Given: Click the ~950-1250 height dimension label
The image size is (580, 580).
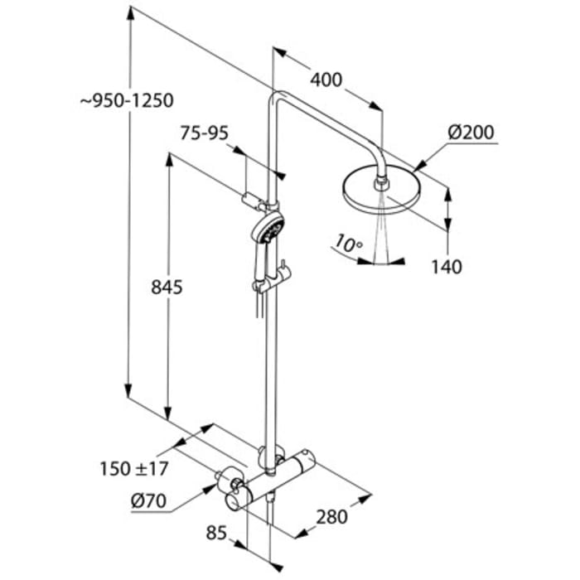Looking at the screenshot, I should point(127,100).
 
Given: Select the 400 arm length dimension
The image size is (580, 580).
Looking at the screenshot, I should point(326,80).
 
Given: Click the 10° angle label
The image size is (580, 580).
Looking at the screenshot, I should point(348,243).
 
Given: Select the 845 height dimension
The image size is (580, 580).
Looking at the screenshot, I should point(167,287).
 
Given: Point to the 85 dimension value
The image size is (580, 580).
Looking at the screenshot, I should point(218,534).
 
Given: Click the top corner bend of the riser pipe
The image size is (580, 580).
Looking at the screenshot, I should point(278,97).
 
